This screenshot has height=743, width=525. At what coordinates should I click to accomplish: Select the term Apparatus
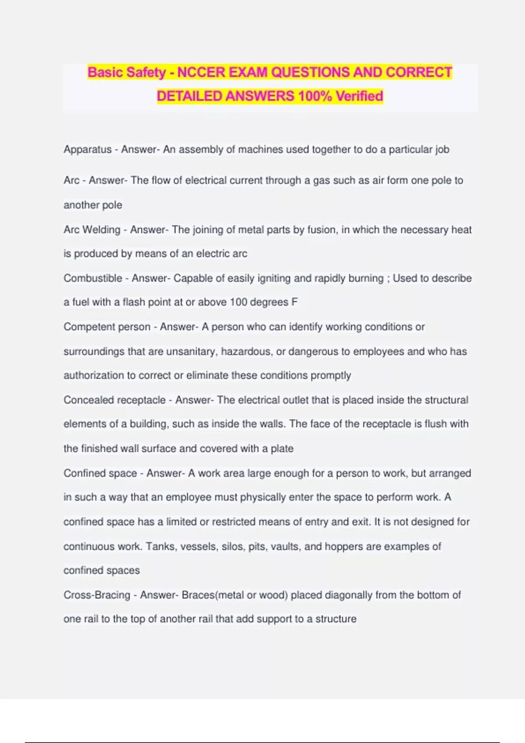(x=87, y=149)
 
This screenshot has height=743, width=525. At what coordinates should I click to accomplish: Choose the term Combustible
(x=93, y=278)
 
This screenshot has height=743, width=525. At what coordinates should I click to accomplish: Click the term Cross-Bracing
(x=97, y=595)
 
